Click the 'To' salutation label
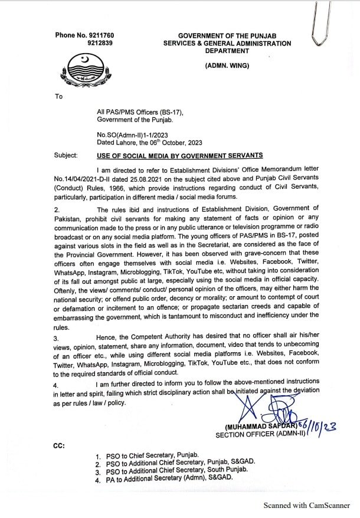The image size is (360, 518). pyautogui.click(x=58, y=96)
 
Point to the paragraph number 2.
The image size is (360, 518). pyautogui.click(x=57, y=209)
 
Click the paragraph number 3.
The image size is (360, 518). pyautogui.click(x=57, y=339)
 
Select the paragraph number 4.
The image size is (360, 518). pyautogui.click(x=57, y=384)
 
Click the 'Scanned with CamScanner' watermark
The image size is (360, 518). pyautogui.click(x=307, y=506)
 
